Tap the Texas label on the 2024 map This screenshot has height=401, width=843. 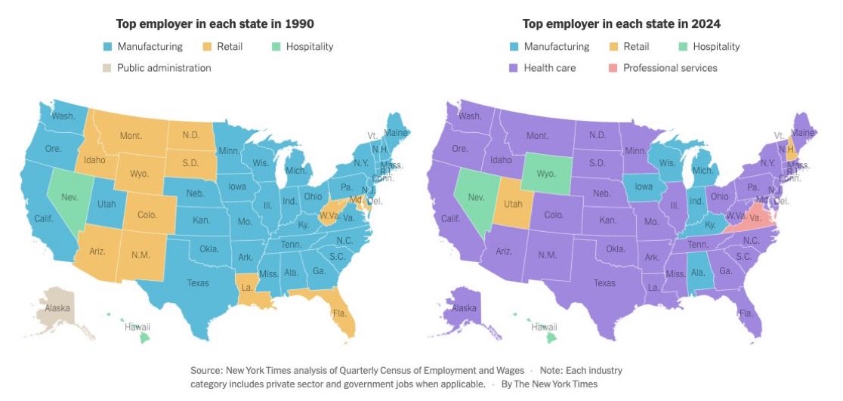pos(604,283)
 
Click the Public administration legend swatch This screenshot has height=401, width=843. pos(107,68)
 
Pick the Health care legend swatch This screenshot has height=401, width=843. pos(514,68)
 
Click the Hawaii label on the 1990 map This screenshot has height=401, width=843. pos(137,327)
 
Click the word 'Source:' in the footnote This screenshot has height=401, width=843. pos(208,371)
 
